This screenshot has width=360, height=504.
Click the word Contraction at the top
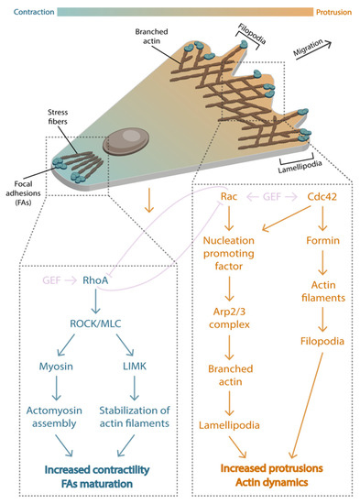pyautogui.click(x=28, y=12)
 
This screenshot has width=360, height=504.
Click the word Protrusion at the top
pyautogui.click(x=333, y=12)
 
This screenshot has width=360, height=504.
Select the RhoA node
pyautogui.click(x=97, y=281)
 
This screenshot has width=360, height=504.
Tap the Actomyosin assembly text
pyautogui.click(x=56, y=415)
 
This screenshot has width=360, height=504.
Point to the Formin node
pyautogui.click(x=316, y=241)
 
